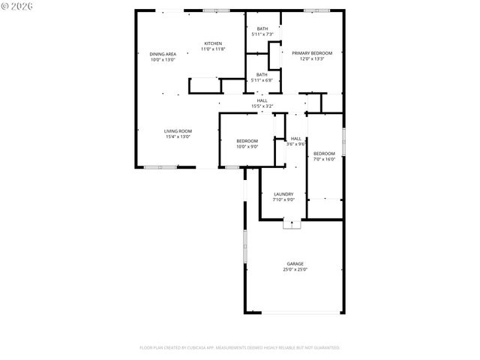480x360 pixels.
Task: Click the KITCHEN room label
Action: [214, 43]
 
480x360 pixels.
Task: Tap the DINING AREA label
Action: [163, 54]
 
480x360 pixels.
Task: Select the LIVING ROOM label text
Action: [178, 131]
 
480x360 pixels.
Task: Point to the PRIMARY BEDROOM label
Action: [312, 53]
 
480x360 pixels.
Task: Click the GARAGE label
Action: [295, 264]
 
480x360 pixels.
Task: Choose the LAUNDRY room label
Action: [283, 194]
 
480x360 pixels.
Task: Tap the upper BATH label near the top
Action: [262, 28]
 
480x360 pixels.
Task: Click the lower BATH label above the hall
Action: [262, 74]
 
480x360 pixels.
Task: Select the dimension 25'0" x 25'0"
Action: [295, 270]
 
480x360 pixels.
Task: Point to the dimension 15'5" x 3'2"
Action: [262, 106]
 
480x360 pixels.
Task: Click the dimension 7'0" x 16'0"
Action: [324, 159]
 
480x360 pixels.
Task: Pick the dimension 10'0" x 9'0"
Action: [247, 146]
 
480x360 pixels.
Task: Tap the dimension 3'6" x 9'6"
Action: [296, 144]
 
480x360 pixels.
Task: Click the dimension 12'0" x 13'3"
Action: [312, 59]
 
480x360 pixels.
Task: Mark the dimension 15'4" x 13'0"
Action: [178, 137]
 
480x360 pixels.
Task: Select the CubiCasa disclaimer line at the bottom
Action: [240, 348]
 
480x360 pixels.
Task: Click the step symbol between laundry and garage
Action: [290, 223]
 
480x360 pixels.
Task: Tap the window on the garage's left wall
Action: [244, 247]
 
